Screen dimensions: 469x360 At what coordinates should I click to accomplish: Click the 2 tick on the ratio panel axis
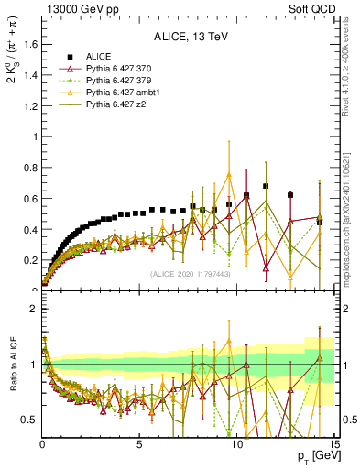coord(32,309)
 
